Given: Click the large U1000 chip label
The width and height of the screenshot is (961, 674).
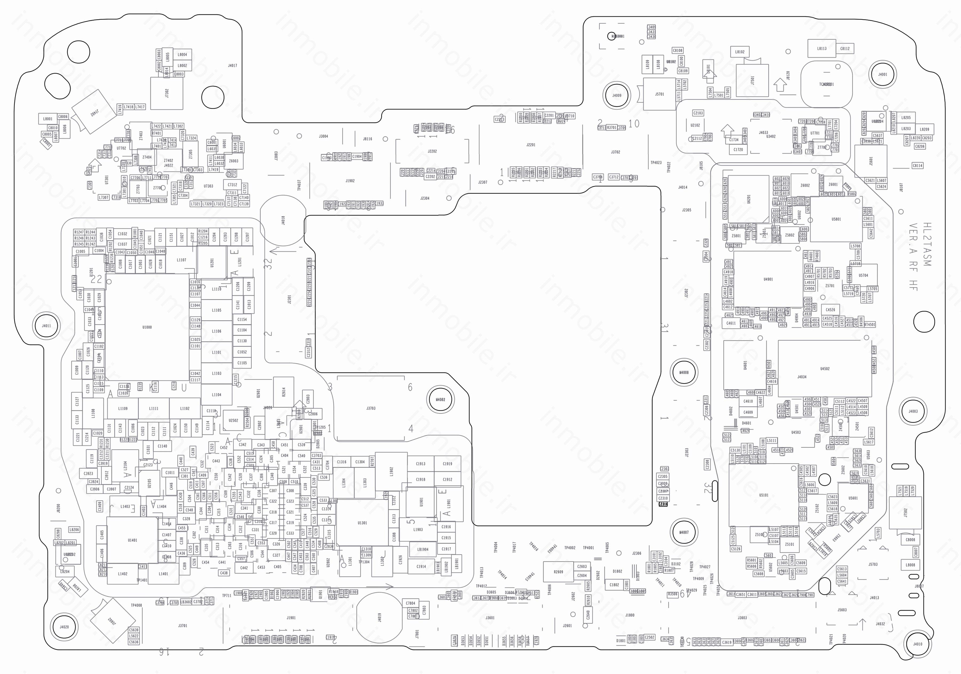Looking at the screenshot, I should coord(147,327).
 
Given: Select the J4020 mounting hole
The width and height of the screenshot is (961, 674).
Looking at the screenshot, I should coord(64,627).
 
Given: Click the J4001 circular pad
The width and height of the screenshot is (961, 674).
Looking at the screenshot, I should coord(882,74).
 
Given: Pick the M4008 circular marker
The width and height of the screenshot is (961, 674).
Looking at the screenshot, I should coord(683,372).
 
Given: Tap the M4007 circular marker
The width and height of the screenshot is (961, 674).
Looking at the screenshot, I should coord(683,532).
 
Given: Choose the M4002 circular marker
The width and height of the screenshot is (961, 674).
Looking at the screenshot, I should coord(440,399).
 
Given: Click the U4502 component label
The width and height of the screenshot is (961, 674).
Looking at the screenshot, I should coord(825,368).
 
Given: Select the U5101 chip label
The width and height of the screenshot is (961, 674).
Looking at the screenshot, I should coord(763,495).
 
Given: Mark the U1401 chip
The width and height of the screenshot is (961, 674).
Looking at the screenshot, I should coord(132,540).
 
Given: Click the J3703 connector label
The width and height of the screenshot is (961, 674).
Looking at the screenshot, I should coord(371,408).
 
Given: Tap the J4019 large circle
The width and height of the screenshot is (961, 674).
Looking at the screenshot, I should coord(379,617).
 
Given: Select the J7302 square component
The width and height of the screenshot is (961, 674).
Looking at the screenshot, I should coord(167,93).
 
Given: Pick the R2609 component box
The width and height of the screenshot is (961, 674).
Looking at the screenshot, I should coord(558,572).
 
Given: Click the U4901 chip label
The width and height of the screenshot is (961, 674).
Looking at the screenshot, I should coord(768,279).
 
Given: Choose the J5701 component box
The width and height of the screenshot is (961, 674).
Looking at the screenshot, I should coord(660,94).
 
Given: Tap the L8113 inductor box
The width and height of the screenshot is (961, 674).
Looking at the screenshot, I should coord(822,49).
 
